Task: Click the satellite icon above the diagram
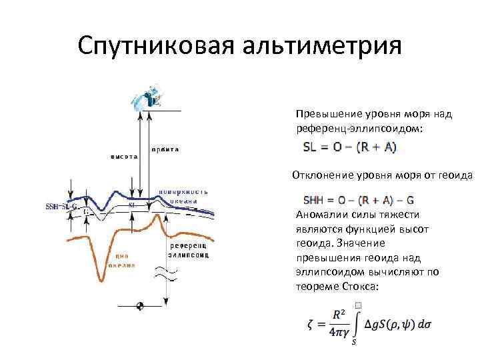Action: [147, 98]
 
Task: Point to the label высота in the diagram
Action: [124, 157]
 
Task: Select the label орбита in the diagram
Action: [165, 149]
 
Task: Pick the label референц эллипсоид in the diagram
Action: [189, 250]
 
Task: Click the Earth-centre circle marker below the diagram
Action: [140, 306]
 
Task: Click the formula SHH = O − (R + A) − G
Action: [359, 199]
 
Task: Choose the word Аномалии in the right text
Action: [318, 215]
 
